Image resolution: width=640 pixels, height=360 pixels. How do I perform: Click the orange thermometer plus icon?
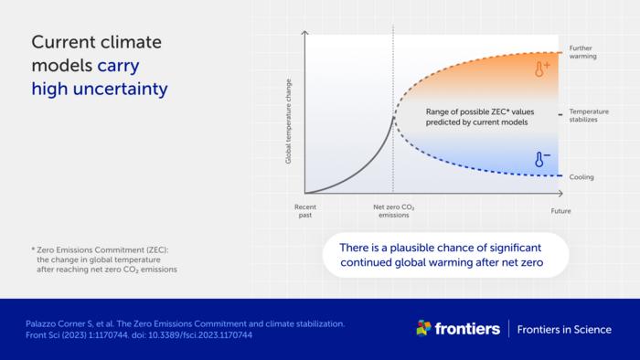coord(541,69)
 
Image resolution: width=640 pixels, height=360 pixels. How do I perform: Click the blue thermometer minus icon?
coord(541,160)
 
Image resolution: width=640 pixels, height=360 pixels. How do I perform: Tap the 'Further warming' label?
coord(582,51)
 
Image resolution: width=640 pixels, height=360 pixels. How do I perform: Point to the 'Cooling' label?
coord(581,176)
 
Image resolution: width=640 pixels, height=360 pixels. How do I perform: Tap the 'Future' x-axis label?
coord(560,212)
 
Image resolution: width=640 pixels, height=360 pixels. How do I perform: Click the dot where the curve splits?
coord(394,115)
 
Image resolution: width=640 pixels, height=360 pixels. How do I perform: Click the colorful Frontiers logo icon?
coord(423,328)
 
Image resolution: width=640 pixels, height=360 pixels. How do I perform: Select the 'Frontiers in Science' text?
coord(564,329)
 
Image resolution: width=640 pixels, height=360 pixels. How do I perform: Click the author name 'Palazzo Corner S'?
coord(55,323)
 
